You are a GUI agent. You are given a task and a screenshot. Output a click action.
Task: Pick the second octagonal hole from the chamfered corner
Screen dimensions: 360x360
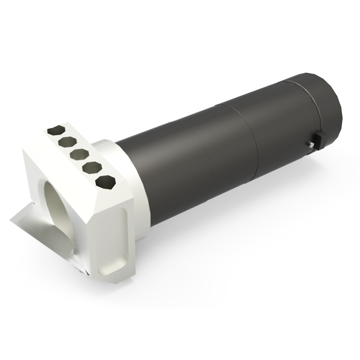click(93, 168)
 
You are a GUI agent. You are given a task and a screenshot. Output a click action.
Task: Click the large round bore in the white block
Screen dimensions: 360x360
click(58, 209)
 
